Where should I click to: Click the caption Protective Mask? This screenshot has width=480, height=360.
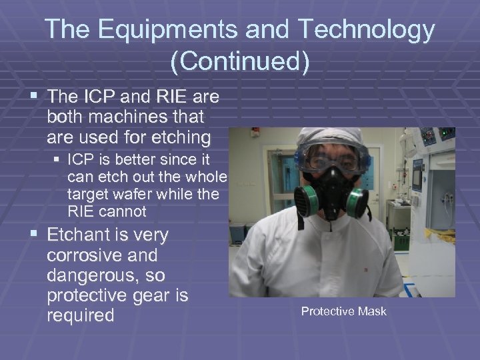(x=343, y=311)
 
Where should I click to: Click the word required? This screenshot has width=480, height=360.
(x=81, y=315)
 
